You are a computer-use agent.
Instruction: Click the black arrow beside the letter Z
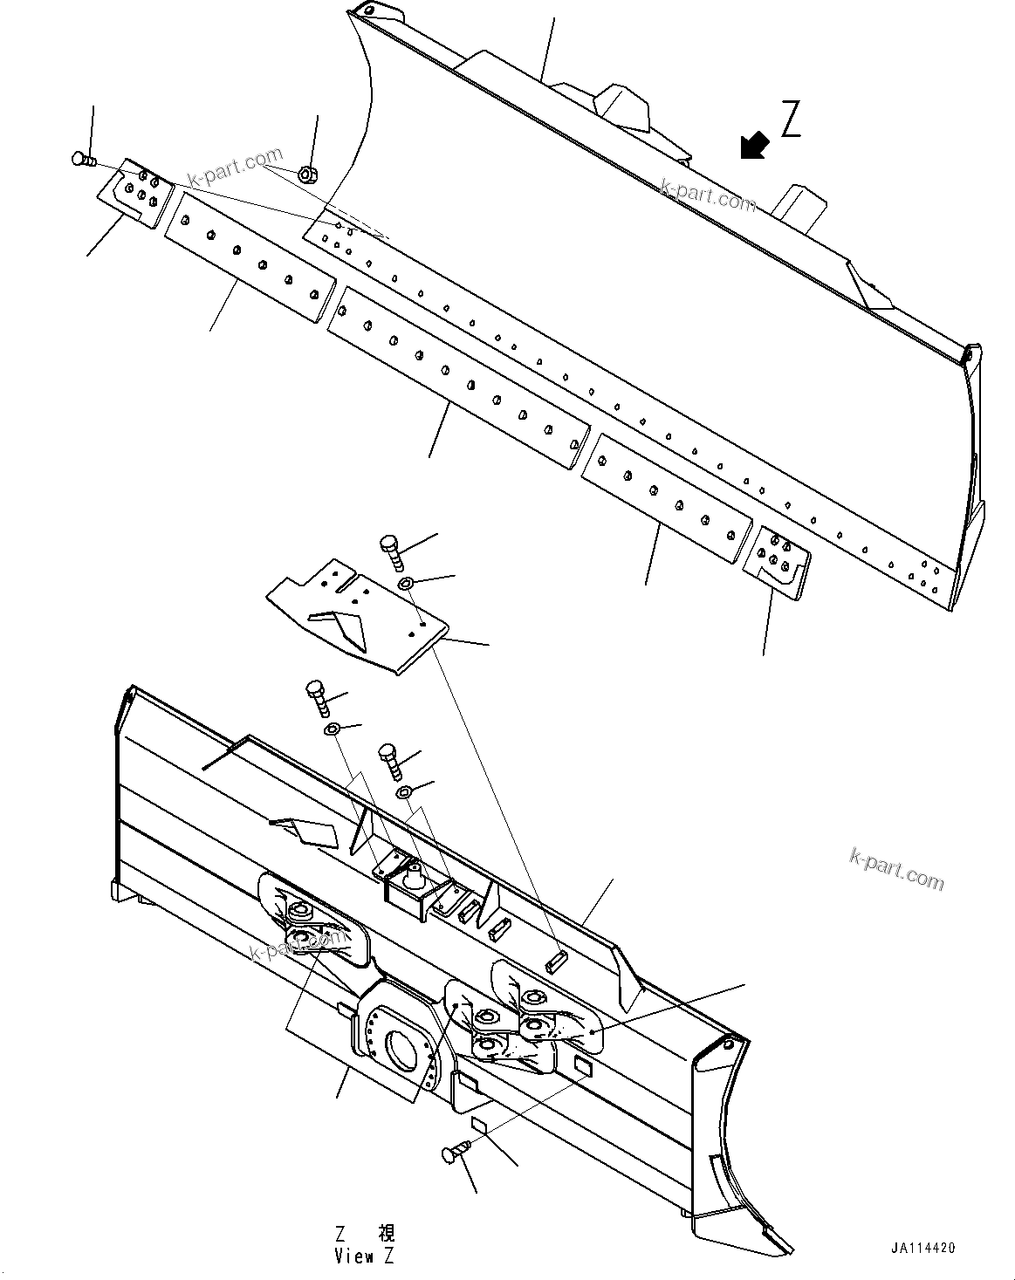(754, 146)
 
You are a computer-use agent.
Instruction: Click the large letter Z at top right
(791, 120)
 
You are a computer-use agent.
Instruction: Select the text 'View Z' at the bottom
(365, 1256)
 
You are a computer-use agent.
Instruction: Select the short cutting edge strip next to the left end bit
(248, 258)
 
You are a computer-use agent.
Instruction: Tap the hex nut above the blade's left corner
(306, 175)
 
